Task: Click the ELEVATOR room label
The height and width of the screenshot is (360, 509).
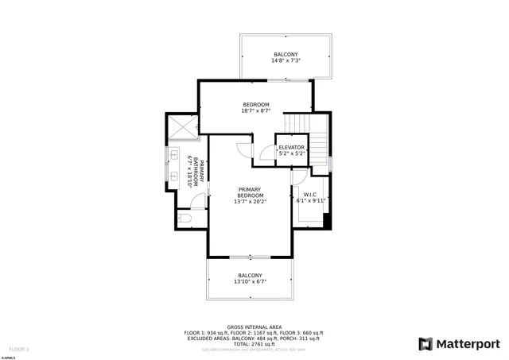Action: click(291, 148)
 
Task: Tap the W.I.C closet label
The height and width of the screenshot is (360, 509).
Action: click(310, 195)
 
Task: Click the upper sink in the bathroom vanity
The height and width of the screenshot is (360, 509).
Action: click(173, 155)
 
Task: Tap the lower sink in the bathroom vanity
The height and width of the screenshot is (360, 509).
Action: click(173, 177)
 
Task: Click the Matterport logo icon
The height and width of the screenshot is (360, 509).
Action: click(426, 343)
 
